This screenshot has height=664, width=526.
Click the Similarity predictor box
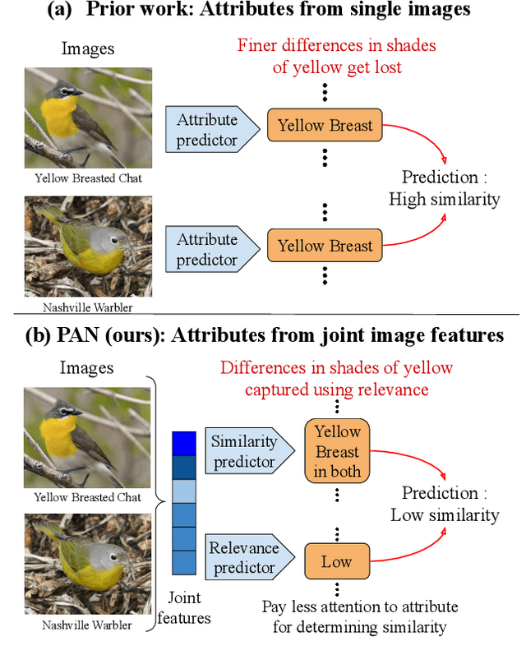click(243, 452)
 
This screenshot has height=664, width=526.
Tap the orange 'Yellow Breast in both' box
click(337, 451)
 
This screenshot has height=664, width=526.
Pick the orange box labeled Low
click(336, 562)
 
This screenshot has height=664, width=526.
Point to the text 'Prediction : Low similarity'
click(445, 504)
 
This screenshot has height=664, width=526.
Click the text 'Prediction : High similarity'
click(445, 188)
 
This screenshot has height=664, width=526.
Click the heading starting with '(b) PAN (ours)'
click(263, 335)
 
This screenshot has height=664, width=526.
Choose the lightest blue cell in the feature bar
click(184, 491)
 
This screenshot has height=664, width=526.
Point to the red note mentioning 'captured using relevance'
click(336, 378)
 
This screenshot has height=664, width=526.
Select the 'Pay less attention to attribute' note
click(360, 617)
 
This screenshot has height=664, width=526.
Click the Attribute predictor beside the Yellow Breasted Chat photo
click(207, 130)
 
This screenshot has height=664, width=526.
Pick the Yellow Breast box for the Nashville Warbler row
click(325, 246)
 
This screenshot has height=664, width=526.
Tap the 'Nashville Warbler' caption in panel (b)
click(87, 625)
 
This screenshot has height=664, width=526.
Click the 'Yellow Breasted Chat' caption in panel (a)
click(87, 177)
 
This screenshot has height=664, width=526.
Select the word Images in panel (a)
click(87, 49)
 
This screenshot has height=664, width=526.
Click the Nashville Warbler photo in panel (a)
click(87, 245)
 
